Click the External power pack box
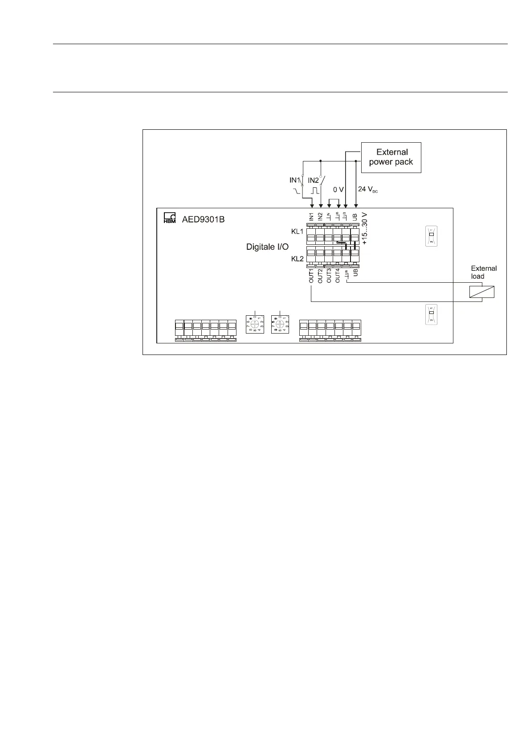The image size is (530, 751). point(391,157)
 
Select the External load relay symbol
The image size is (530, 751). point(482,292)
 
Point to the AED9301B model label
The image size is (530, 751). point(203,219)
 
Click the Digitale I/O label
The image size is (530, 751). point(267,247)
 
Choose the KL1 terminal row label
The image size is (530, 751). point(297,231)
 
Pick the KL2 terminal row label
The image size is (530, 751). point(297,259)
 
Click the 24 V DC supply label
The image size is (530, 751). point(368,189)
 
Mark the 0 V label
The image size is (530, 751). point(338,189)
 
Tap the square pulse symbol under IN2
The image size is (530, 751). point(315,191)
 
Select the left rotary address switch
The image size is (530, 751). point(255,324)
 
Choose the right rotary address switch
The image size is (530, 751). point(280,324)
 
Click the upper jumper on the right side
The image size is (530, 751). point(431,236)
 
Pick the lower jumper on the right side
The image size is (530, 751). point(431,314)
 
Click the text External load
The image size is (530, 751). point(484,272)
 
